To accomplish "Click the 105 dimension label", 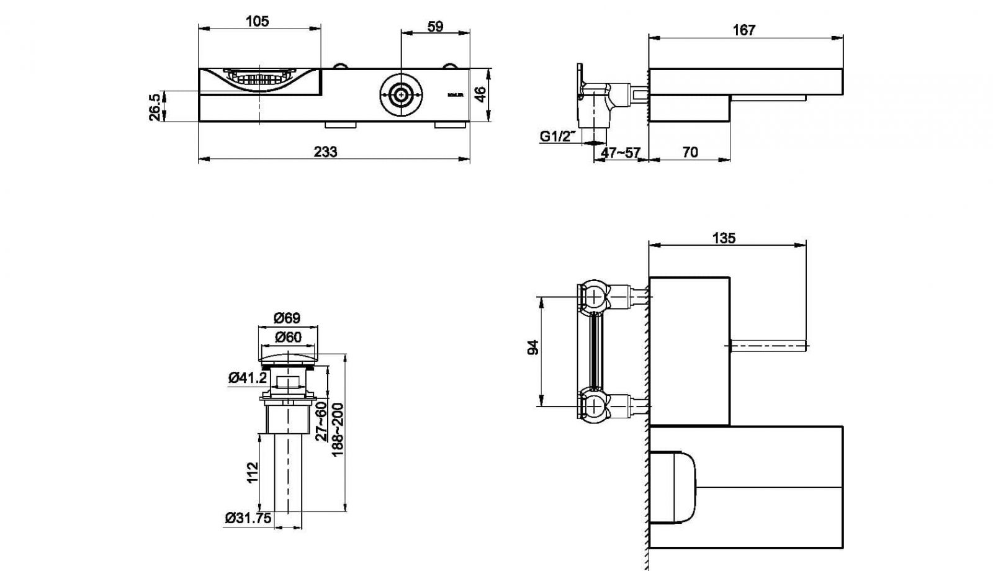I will [257, 21].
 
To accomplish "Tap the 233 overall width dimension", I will [325, 152].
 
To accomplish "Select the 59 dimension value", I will [436, 27].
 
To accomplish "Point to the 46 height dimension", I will [479, 94].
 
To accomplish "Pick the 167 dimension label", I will [744, 30].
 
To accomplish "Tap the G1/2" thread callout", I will [557, 136].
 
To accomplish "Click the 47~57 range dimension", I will [620, 153].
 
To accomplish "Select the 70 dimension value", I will [690, 152].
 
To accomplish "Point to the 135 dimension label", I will [724, 238].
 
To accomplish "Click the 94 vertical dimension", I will [532, 348].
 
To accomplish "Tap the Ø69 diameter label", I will [287, 318].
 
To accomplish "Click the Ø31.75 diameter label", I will [248, 518].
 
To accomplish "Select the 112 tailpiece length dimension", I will [252, 474].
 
